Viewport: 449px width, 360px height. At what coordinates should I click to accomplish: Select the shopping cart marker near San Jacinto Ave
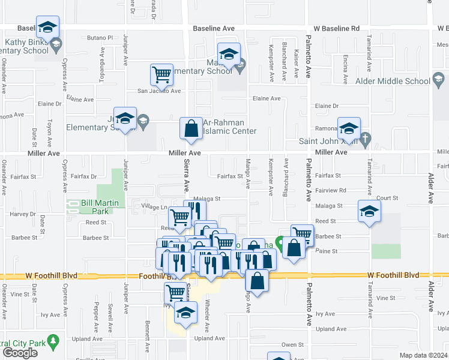click(x=161, y=74)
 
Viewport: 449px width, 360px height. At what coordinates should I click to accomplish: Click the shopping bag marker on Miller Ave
click(x=191, y=128)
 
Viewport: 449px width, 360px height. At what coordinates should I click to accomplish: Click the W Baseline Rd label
click(x=336, y=28)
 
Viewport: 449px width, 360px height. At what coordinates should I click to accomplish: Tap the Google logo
click(x=20, y=353)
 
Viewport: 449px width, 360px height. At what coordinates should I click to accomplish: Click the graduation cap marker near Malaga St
click(x=369, y=211)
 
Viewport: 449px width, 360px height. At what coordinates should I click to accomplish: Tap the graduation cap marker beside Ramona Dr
click(x=348, y=128)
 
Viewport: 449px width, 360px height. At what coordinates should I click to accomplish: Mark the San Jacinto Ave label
click(x=159, y=91)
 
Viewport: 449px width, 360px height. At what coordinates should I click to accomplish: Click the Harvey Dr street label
click(x=23, y=214)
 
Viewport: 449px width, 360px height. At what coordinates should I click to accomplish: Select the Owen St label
click(x=293, y=345)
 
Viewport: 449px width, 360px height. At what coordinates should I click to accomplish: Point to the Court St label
click(x=388, y=197)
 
